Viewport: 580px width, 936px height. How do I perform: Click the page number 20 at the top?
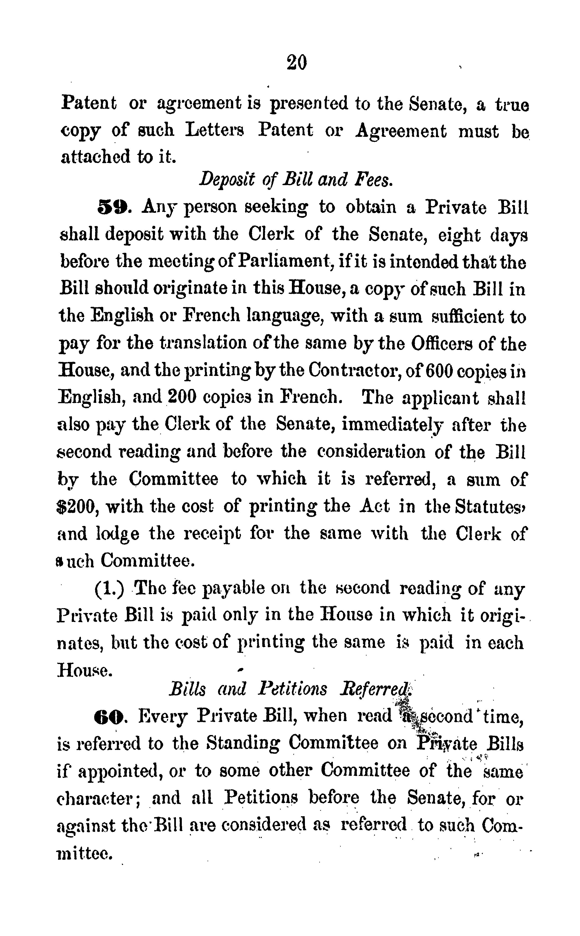tap(297, 62)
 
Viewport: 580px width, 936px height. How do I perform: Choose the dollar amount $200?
tap(78, 507)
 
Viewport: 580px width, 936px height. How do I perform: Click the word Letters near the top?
tap(215, 131)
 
